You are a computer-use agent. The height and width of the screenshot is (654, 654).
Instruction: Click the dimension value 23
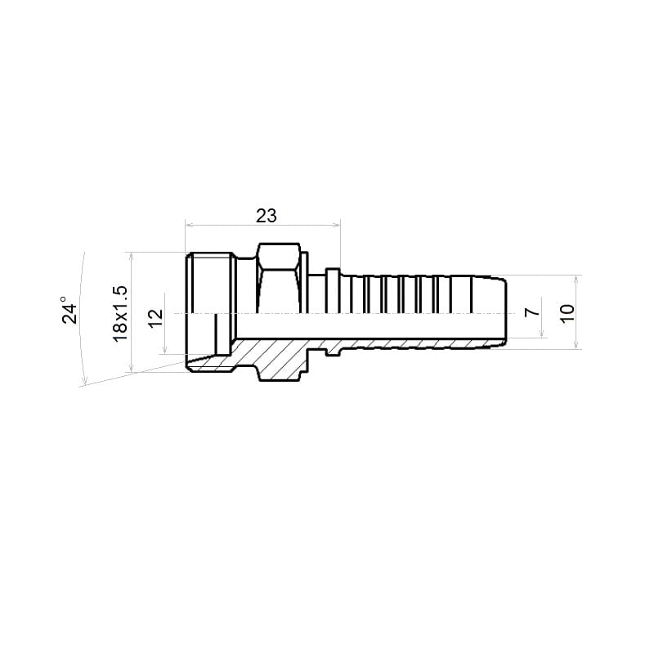[267, 216]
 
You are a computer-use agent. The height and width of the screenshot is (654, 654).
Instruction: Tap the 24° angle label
[69, 311]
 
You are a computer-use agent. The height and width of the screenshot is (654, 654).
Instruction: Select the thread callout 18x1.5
[120, 314]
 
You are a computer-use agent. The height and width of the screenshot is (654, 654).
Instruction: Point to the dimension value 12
[156, 319]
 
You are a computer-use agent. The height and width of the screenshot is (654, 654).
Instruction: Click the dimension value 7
[532, 312]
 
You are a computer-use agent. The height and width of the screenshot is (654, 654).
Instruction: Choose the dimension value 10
[567, 313]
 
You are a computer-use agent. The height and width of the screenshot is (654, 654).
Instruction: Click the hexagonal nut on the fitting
[279, 278]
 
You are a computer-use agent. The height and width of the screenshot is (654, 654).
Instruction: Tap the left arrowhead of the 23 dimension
[189, 226]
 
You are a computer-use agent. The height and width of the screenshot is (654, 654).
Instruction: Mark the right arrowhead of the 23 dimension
[337, 226]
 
